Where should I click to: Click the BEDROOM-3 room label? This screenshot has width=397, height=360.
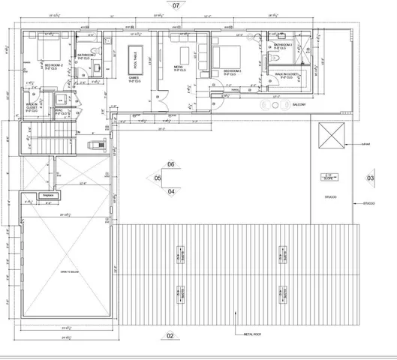click(231, 72)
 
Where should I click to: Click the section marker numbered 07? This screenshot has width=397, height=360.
click(176, 5)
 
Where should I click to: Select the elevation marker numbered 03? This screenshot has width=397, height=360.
click(369, 178)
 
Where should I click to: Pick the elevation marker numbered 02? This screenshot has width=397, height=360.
click(170, 336)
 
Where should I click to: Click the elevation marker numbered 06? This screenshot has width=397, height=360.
click(170, 164)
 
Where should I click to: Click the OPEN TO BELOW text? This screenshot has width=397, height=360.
click(71, 271)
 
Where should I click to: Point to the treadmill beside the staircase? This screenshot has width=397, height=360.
click(93, 145)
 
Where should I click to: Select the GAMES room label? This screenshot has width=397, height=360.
click(134, 77)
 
